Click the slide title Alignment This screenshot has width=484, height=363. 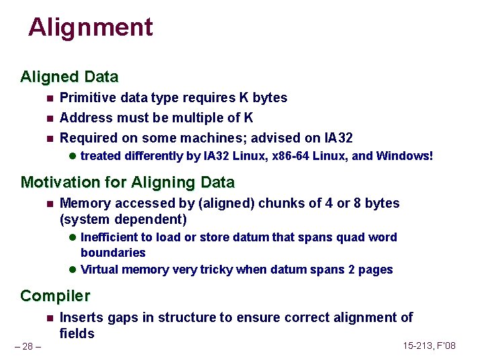pyautogui.click(x=91, y=28)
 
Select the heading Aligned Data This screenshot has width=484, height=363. pyautogui.click(x=69, y=77)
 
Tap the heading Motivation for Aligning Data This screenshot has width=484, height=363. pyautogui.click(x=128, y=182)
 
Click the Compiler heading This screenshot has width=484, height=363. pyautogui.click(x=55, y=296)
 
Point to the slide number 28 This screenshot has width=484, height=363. pyautogui.click(x=27, y=346)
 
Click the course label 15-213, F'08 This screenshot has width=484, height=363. pyautogui.click(x=429, y=346)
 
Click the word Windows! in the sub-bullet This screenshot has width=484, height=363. pyautogui.click(x=405, y=156)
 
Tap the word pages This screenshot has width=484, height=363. pyautogui.click(x=375, y=270)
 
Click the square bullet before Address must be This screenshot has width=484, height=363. pyautogui.click(x=49, y=118)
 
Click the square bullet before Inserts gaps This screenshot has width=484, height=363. pyautogui.click(x=49, y=318)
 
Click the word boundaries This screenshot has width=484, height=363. pyautogui.click(x=113, y=253)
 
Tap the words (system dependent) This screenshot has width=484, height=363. pyautogui.click(x=123, y=220)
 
